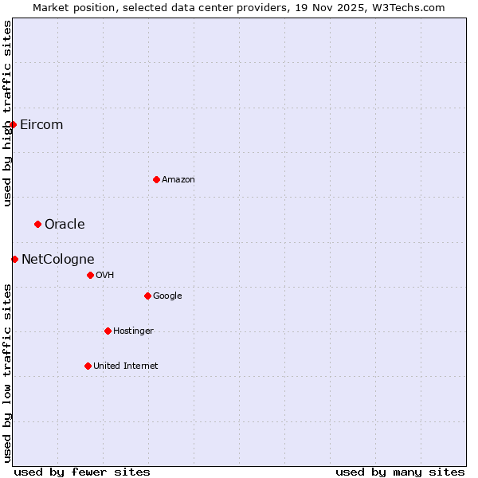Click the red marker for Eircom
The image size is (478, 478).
[x=14, y=124]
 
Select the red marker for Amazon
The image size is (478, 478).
[x=156, y=179]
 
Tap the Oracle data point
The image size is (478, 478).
[x=37, y=224]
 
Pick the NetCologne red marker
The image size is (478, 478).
[x=14, y=259]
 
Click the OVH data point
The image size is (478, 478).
[x=90, y=275]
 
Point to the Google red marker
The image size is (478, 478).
[x=147, y=296]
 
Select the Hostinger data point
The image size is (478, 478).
[x=108, y=331]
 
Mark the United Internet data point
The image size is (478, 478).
[x=88, y=366]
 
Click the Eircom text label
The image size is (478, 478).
[x=41, y=124]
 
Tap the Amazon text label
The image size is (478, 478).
[x=178, y=179]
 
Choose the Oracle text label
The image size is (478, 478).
[x=65, y=224]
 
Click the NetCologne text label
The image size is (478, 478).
[x=58, y=259]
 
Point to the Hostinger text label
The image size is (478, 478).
[x=133, y=331]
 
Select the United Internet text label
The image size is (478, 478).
[x=126, y=366]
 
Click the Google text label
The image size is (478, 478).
[x=167, y=296]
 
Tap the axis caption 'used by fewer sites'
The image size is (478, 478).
[x=82, y=472]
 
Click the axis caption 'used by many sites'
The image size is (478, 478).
[x=400, y=472]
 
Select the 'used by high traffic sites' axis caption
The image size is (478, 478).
[x=7, y=113]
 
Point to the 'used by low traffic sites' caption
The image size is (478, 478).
[x=7, y=372]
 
